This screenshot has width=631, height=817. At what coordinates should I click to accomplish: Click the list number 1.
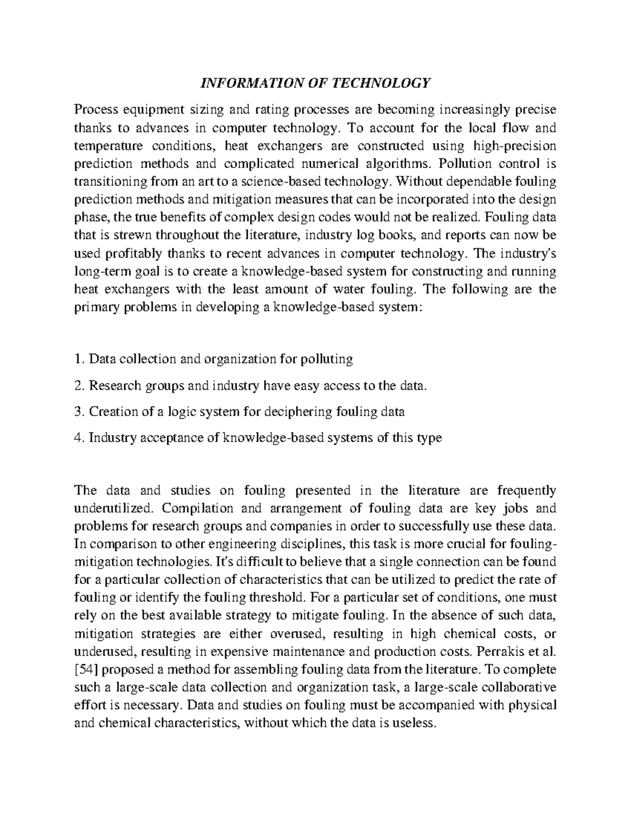coord(79,359)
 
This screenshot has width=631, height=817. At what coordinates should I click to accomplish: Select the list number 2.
coord(79,386)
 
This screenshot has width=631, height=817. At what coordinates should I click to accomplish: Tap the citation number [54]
coord(85,669)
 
